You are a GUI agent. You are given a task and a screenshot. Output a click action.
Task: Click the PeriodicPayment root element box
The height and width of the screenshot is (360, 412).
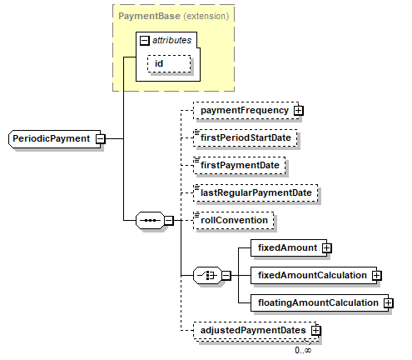(55, 138)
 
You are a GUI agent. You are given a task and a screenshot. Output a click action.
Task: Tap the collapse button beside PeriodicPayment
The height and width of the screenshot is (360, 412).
(101, 138)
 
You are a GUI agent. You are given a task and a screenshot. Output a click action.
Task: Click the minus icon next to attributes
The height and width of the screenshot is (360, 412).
(144, 41)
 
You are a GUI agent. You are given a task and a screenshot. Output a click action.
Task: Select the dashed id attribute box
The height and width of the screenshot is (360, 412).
(169, 64)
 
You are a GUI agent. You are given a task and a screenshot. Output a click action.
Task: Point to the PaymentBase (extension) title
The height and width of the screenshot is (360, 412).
(174, 16)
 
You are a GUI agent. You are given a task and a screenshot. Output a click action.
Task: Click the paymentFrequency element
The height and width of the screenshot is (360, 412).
(246, 111)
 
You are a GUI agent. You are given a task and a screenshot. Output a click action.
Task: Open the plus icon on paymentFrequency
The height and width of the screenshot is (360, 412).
(299, 111)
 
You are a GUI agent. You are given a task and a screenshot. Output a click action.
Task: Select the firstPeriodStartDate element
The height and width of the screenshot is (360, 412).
(246, 138)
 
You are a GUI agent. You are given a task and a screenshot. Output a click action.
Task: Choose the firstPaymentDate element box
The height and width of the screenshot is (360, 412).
(240, 166)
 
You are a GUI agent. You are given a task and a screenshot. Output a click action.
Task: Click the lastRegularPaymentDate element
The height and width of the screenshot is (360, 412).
(256, 193)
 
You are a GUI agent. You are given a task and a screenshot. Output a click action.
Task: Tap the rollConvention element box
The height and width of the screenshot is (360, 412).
(234, 221)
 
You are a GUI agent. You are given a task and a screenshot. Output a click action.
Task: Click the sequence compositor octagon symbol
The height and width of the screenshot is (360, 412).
(150, 221)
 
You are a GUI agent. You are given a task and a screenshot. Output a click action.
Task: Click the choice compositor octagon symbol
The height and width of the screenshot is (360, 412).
(207, 276)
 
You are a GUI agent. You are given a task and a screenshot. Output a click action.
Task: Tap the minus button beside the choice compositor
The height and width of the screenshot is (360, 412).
(226, 276)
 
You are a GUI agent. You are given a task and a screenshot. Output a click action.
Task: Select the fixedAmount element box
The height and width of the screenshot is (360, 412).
(289, 247)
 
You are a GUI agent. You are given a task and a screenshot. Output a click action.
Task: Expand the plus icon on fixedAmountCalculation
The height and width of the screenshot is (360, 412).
(376, 276)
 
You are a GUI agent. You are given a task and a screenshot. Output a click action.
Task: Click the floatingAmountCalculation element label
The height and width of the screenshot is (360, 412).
(318, 302)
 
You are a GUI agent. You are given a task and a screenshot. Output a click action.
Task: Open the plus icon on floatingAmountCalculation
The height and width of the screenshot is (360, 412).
(389, 303)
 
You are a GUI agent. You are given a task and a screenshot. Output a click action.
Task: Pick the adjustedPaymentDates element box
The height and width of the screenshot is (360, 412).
(256, 331)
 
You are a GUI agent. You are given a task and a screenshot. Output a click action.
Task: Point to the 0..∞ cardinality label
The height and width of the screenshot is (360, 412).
(303, 350)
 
